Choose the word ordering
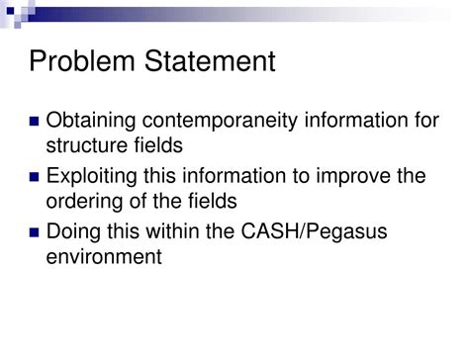click(83, 203)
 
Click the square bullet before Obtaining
click(35, 123)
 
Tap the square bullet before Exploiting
click(35, 179)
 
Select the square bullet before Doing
click(35, 235)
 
